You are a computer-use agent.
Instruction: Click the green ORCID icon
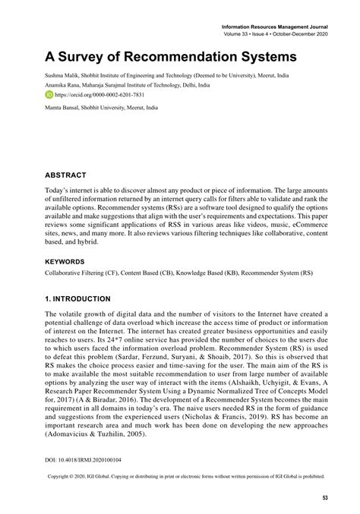(x=49, y=95)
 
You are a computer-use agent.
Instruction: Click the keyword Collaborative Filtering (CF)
(x=85, y=271)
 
